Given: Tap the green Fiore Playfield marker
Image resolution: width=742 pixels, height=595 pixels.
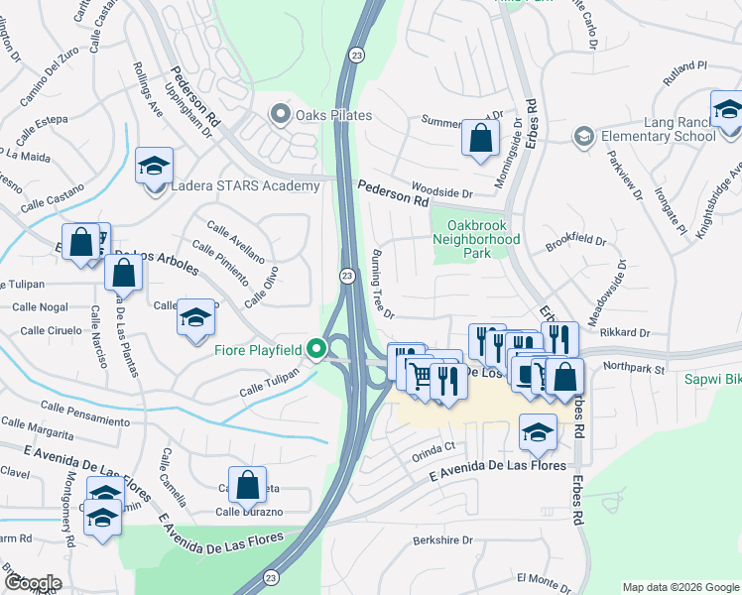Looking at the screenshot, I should [316, 348].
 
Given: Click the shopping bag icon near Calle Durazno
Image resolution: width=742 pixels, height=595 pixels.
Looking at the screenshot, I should [248, 486].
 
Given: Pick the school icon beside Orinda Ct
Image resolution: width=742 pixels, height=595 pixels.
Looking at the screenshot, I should [538, 432].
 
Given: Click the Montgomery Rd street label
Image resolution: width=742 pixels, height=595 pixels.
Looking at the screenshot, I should [68, 516].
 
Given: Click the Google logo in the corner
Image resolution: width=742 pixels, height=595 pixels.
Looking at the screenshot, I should [33, 582].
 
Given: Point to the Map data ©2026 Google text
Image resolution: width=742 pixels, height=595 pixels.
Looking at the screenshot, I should [680, 587].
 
